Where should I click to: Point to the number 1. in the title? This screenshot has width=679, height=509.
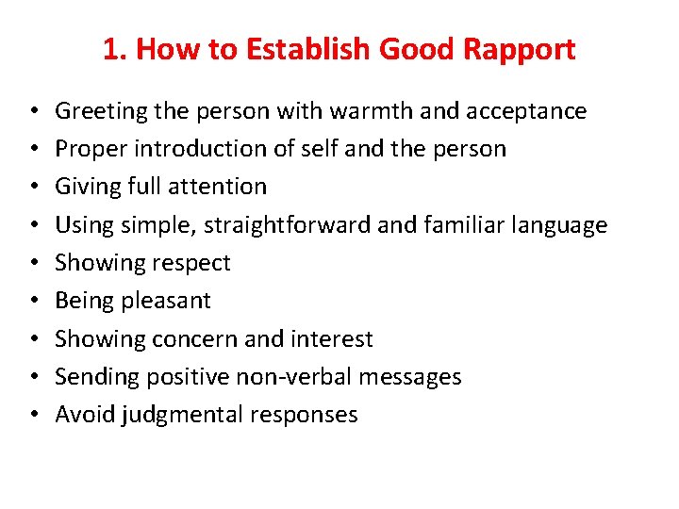(x=115, y=50)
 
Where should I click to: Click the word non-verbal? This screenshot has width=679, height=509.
(x=310, y=377)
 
